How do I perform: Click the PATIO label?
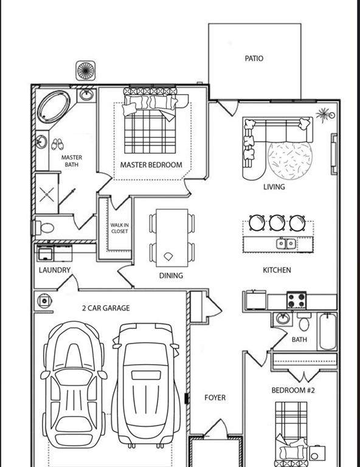point(254,58)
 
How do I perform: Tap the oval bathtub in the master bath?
point(54,107)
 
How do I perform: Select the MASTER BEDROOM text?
point(151,165)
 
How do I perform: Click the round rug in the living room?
point(289,161)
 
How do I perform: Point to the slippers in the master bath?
point(57,144)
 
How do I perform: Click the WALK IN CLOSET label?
point(119,228)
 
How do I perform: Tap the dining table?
point(172,238)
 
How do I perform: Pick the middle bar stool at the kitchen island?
point(277,223)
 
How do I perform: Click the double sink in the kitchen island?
point(286,244)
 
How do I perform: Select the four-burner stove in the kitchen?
point(296,300)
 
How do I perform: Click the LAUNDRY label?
point(55,270)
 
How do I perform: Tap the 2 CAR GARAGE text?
point(106,308)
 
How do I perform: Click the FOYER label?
point(215,398)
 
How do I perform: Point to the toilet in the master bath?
point(43,228)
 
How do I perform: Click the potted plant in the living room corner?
point(325,115)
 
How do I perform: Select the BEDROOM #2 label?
point(293,390)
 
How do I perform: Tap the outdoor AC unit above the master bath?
point(86,71)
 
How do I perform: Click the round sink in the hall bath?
point(282,319)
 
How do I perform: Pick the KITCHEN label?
point(277,270)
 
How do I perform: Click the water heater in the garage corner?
point(44,301)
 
